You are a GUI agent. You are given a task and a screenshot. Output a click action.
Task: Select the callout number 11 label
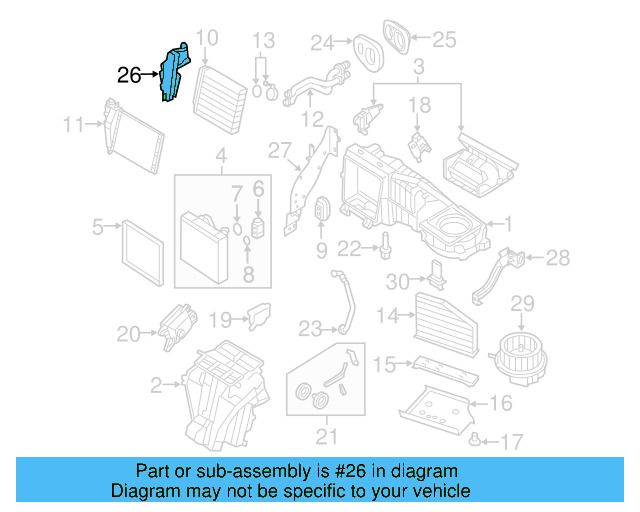point(73,125)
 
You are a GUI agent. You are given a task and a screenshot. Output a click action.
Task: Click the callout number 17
point(511,440)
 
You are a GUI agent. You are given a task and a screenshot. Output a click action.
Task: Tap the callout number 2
point(156,384)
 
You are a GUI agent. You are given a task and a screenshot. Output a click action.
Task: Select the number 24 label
point(322,43)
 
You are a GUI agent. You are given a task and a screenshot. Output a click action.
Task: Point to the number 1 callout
point(507,224)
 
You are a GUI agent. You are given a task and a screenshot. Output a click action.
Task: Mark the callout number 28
point(558,258)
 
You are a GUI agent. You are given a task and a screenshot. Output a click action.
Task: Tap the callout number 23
point(310,327)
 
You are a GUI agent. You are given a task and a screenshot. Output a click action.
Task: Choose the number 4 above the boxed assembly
point(221,157)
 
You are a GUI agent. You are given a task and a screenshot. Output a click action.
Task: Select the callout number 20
point(129,334)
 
